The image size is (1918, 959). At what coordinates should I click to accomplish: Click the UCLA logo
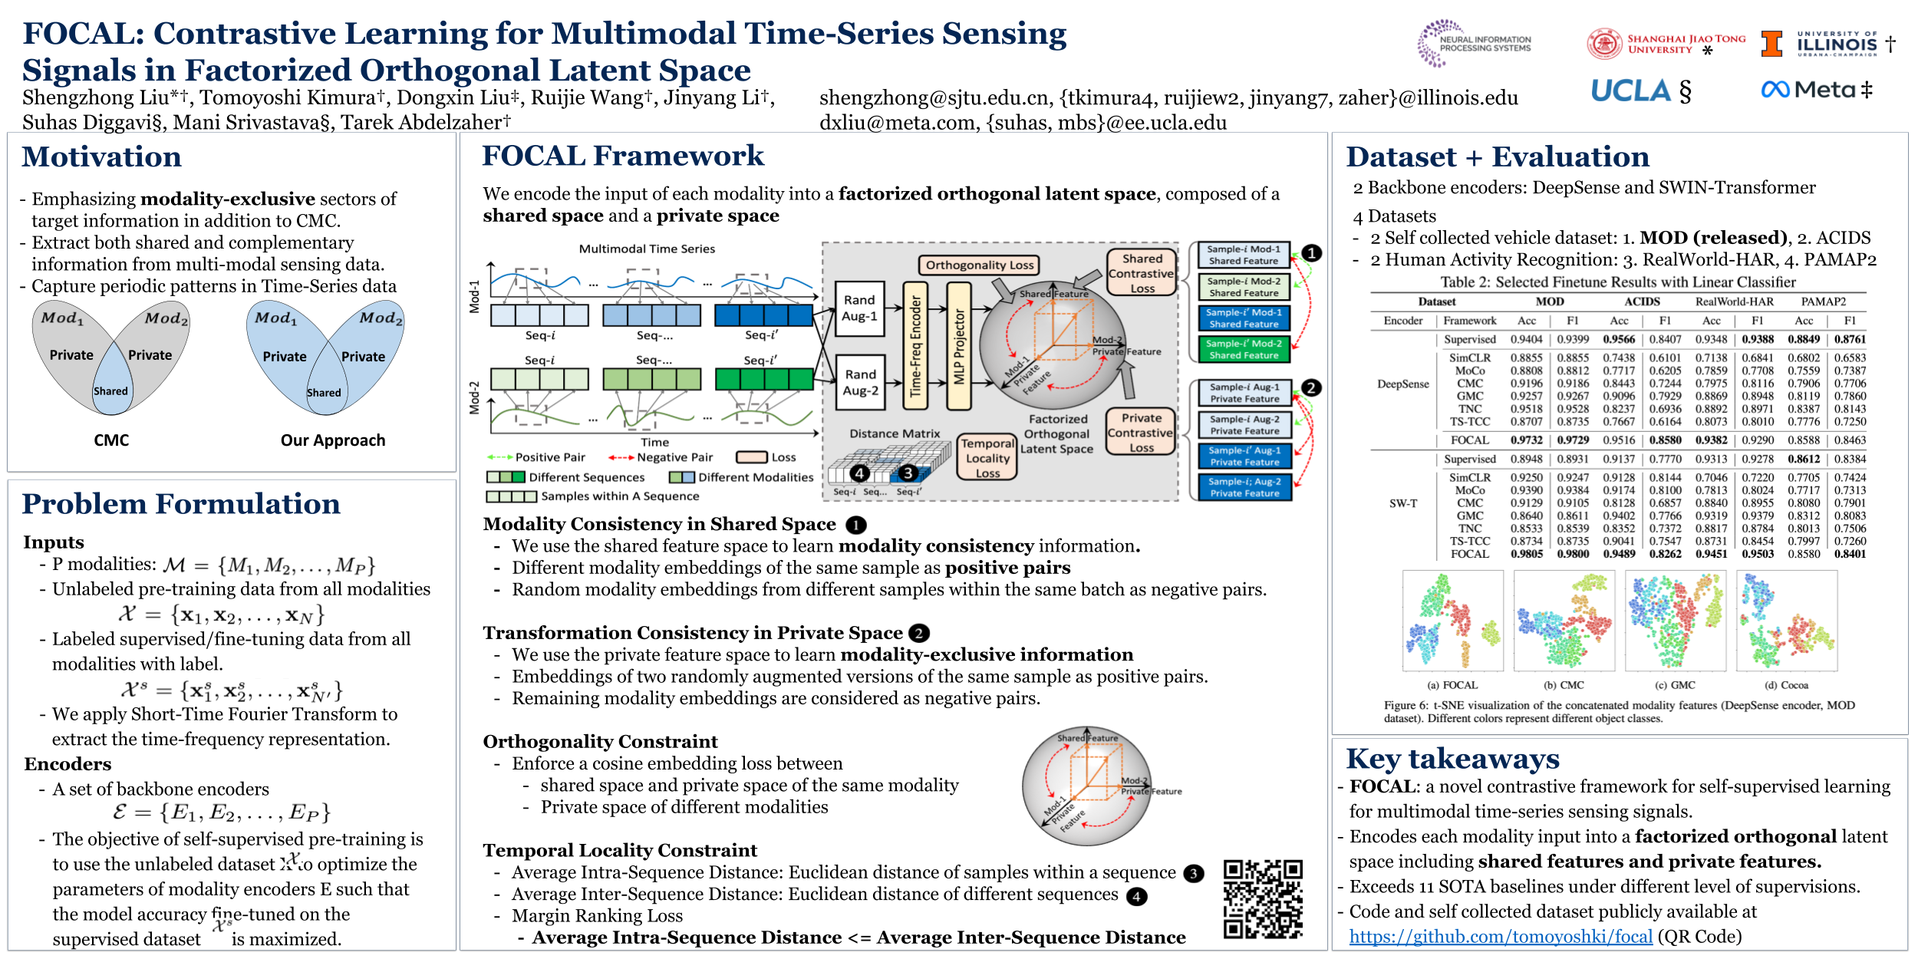(1630, 91)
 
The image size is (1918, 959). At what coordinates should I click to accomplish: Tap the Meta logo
(1806, 90)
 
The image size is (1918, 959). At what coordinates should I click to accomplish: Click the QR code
(1263, 898)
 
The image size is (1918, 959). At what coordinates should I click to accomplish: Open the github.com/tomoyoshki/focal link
(1500, 937)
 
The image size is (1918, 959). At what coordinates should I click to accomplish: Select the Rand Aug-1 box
(859, 308)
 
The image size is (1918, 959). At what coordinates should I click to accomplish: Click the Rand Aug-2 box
(859, 382)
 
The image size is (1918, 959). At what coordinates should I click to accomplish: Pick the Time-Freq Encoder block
(915, 346)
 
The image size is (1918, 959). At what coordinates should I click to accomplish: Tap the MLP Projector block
(958, 346)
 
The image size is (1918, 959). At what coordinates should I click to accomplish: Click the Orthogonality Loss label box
(979, 265)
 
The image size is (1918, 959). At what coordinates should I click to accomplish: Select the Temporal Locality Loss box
(987, 458)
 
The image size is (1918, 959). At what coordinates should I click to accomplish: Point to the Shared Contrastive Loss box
(1142, 273)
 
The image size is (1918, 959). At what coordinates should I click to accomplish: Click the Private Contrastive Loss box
(1141, 432)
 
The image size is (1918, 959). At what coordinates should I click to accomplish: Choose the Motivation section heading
(102, 157)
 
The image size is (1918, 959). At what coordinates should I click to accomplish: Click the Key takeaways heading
(1452, 759)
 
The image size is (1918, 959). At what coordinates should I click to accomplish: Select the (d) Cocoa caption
(1786, 685)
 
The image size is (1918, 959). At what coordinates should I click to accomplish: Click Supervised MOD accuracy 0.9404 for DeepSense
(1526, 339)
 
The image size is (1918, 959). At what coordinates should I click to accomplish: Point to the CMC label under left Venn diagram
(111, 440)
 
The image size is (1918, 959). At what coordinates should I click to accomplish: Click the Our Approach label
(333, 440)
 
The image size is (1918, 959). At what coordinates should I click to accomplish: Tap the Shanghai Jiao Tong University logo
(1666, 44)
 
